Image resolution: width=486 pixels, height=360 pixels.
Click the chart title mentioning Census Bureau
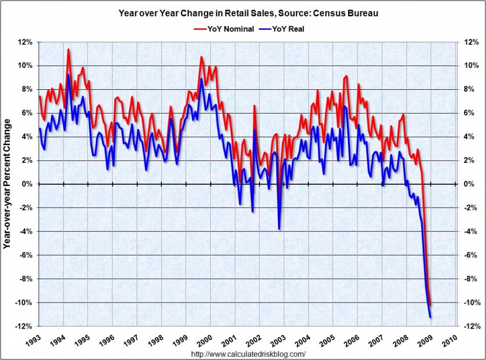248,13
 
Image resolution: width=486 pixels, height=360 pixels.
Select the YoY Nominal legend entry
224,29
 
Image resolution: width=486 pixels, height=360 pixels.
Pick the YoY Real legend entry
282,29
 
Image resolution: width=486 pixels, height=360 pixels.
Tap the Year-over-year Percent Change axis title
7,184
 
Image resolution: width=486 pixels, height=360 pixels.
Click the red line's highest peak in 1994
68,49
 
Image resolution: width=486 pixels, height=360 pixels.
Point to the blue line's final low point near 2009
430,317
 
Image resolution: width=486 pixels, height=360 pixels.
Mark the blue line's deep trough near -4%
279,229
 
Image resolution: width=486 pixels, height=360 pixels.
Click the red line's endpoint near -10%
430,305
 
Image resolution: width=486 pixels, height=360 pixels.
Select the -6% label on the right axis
470,255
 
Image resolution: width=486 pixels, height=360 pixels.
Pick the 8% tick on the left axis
27,89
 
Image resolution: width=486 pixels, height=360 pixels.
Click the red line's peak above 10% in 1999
201,57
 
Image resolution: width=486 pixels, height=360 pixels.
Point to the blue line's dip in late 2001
252,211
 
